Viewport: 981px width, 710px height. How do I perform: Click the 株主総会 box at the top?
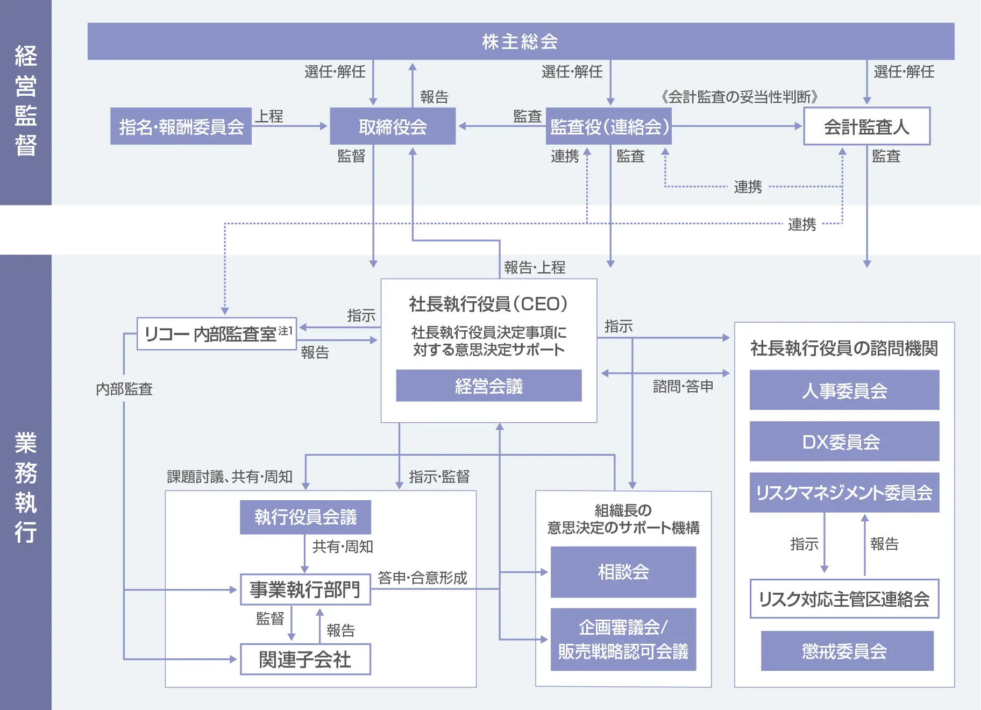521,41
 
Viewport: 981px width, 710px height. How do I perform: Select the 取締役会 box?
393,126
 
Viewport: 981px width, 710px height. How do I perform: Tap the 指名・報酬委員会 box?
181,126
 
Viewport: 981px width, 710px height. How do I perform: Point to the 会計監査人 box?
866,126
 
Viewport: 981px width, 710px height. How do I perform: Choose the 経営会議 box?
488,386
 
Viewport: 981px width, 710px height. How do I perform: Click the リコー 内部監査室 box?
217,334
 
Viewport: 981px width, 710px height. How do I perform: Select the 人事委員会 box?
844,390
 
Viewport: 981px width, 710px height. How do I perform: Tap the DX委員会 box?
844,442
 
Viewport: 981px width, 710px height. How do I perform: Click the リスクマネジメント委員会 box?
844,493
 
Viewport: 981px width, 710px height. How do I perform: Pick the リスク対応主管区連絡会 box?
844,599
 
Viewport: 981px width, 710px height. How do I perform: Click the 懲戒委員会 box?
847,651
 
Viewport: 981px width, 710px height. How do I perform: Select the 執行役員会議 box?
305,517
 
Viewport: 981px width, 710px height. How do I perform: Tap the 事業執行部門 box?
305,590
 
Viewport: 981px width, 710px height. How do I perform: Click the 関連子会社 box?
305,659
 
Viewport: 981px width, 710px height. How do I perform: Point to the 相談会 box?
623,572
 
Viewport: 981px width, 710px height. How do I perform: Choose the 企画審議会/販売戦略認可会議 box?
623,640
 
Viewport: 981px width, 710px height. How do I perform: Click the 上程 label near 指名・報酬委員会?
269,116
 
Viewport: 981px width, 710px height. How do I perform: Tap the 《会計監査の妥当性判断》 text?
740,97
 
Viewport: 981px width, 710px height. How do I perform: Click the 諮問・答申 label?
683,386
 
